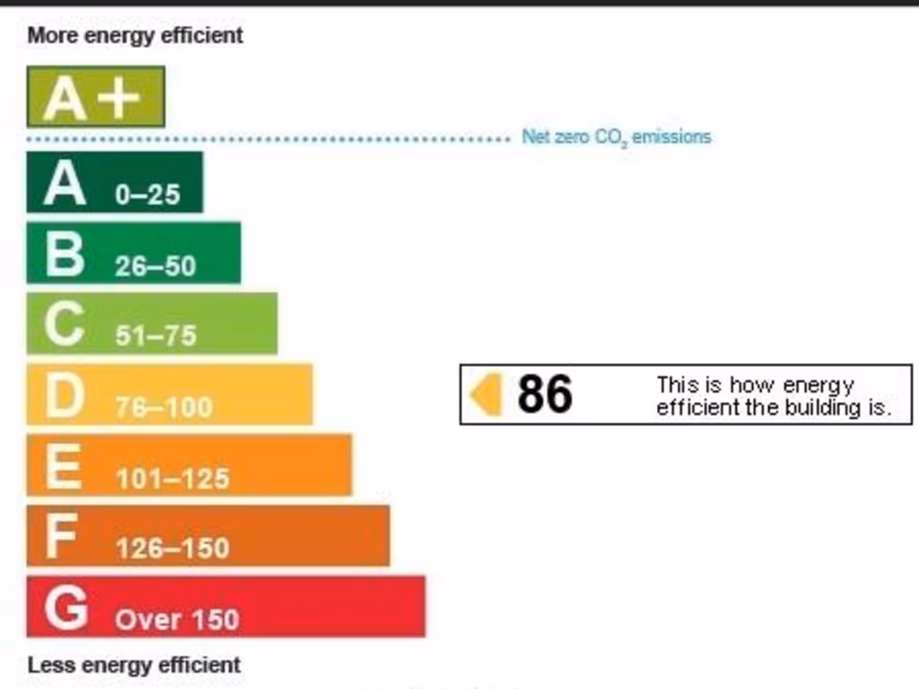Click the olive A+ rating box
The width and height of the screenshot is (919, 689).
click(95, 97)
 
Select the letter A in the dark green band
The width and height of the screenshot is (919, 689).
click(65, 184)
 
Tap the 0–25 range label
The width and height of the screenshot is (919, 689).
click(147, 194)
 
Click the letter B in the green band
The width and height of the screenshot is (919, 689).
click(65, 255)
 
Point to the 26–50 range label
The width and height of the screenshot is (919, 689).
click(155, 266)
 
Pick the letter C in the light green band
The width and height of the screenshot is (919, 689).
click(65, 325)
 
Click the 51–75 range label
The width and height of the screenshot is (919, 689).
click(155, 336)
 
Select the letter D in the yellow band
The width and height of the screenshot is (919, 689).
click(65, 396)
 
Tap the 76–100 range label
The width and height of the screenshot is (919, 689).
click(163, 406)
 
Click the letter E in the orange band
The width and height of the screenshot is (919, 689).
click(63, 467)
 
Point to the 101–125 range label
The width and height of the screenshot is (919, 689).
click(172, 478)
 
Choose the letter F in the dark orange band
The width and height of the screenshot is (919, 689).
click(60, 537)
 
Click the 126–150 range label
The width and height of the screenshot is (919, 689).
click(172, 547)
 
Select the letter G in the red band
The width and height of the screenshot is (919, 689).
click(66, 608)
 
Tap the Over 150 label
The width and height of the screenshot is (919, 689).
click(177, 619)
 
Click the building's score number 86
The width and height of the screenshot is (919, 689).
click(545, 394)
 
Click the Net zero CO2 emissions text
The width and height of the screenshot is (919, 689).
click(617, 137)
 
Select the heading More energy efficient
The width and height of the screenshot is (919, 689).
click(136, 36)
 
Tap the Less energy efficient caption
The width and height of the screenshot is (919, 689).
click(135, 666)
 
